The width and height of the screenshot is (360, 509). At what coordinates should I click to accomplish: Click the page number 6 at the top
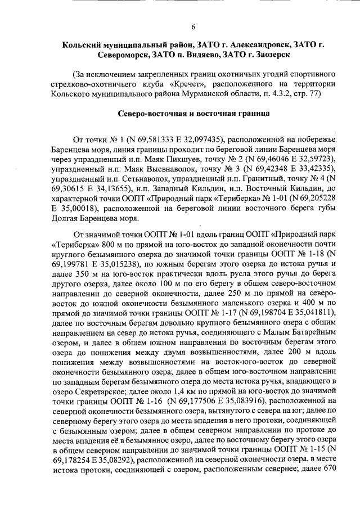193,27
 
